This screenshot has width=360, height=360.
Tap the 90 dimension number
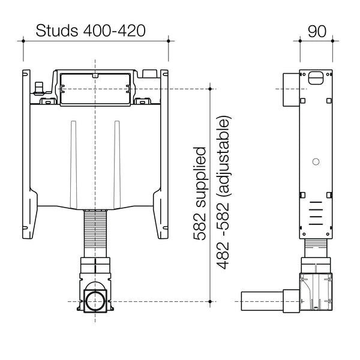317,31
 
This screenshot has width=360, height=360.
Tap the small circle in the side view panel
315,161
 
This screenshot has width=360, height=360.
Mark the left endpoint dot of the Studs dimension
23,41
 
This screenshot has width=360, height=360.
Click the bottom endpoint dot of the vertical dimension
209,300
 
